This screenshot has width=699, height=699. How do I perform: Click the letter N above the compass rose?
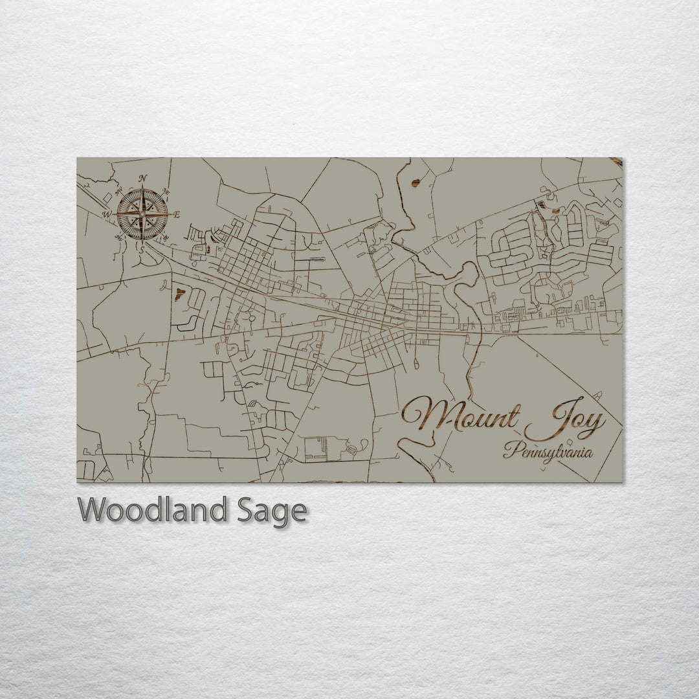click(x=142, y=179)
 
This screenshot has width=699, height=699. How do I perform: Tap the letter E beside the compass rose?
click(x=177, y=214)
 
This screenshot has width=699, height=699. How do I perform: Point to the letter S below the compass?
click(x=142, y=249)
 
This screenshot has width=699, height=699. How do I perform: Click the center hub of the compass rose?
click(x=142, y=214)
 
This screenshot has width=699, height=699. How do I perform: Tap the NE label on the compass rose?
click(x=166, y=192)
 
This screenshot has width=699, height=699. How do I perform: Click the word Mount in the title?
click(x=461, y=416)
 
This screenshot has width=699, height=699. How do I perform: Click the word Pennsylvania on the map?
click(x=549, y=451)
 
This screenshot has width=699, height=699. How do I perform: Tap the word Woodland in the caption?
click(x=152, y=511)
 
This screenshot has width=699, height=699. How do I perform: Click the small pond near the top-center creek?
click(x=415, y=184)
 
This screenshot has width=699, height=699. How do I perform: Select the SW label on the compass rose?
click(x=119, y=238)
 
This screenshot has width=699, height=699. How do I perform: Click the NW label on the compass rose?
click(x=118, y=191)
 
